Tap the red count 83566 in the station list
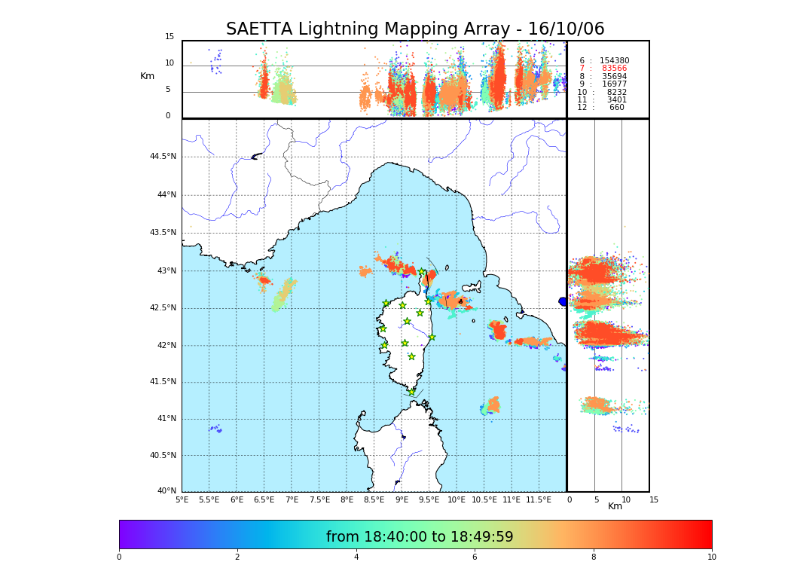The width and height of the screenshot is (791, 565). tap(614, 69)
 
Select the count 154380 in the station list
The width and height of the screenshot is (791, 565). tap(614, 61)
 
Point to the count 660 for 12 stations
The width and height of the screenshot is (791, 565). tap(616, 108)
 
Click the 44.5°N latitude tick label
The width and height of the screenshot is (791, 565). tap(163, 157)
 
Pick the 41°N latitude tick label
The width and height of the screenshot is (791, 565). tap(165, 419)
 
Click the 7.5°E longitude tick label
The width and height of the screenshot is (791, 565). tap(320, 499)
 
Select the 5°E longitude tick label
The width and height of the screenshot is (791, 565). tap(182, 499)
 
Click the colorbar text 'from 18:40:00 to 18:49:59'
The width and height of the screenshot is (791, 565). tap(420, 537)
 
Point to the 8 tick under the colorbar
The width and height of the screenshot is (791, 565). tap(594, 557)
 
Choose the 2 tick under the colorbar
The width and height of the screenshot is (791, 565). tap(237, 557)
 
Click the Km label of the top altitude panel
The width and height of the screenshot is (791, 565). tap(147, 76)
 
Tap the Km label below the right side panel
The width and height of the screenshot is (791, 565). tap(615, 506)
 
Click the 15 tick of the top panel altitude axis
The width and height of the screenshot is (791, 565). tap(169, 37)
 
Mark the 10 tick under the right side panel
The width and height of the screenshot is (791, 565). tap(626, 499)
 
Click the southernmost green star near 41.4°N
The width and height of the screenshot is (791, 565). tap(411, 392)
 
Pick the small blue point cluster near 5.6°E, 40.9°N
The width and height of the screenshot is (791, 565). tap(215, 429)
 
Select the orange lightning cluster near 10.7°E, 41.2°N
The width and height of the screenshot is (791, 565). tap(493, 405)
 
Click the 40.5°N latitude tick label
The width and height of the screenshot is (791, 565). tap(163, 456)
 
